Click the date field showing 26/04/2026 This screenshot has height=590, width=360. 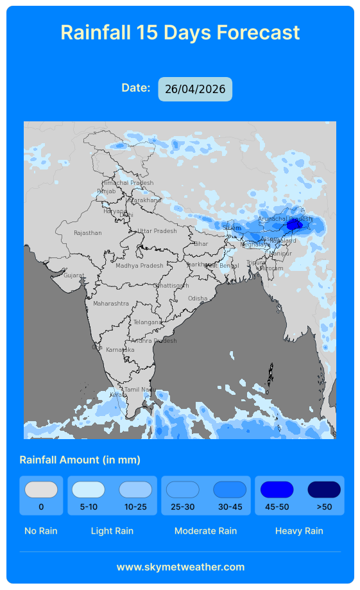click(195, 89)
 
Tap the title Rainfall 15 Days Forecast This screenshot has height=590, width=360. click(180, 32)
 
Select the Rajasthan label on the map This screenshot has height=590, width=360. click(87, 233)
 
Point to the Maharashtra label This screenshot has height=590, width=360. click(110, 303)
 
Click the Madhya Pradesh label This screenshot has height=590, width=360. click(139, 266)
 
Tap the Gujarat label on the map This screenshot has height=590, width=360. click(74, 275)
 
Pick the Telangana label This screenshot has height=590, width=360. click(148, 322)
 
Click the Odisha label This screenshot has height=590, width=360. click(198, 299)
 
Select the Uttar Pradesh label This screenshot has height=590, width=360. click(157, 231)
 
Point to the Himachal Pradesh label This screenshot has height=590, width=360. click(128, 183)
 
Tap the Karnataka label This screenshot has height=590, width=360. click(120, 350)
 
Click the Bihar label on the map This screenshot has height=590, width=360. click(201, 244)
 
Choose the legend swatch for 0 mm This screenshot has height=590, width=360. click(41, 490)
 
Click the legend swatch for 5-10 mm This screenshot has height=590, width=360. click(89, 490)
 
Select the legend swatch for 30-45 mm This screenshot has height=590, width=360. click(230, 490)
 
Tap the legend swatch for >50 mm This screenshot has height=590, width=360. click(324, 490)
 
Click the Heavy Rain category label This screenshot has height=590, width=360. click(299, 531)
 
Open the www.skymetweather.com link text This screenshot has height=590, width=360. click(180, 567)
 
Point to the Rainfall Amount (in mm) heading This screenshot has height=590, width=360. click(80, 460)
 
